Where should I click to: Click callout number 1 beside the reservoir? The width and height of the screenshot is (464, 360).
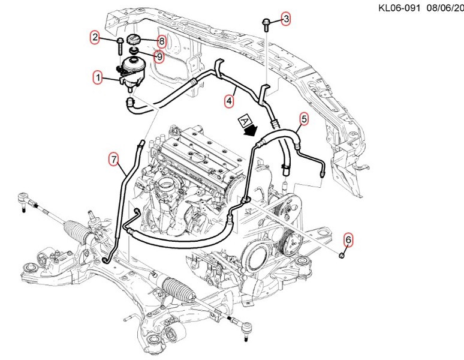(x=97, y=77)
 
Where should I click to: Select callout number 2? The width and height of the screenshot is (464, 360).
(x=95, y=38)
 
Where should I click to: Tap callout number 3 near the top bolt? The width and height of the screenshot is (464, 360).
(x=286, y=19)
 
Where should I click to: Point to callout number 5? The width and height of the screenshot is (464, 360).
(x=304, y=119)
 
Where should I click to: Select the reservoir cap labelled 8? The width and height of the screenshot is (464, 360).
(x=134, y=40)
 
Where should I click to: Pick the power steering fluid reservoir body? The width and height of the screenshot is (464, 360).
(x=132, y=71)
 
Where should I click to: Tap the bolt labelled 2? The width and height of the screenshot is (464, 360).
(x=120, y=43)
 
